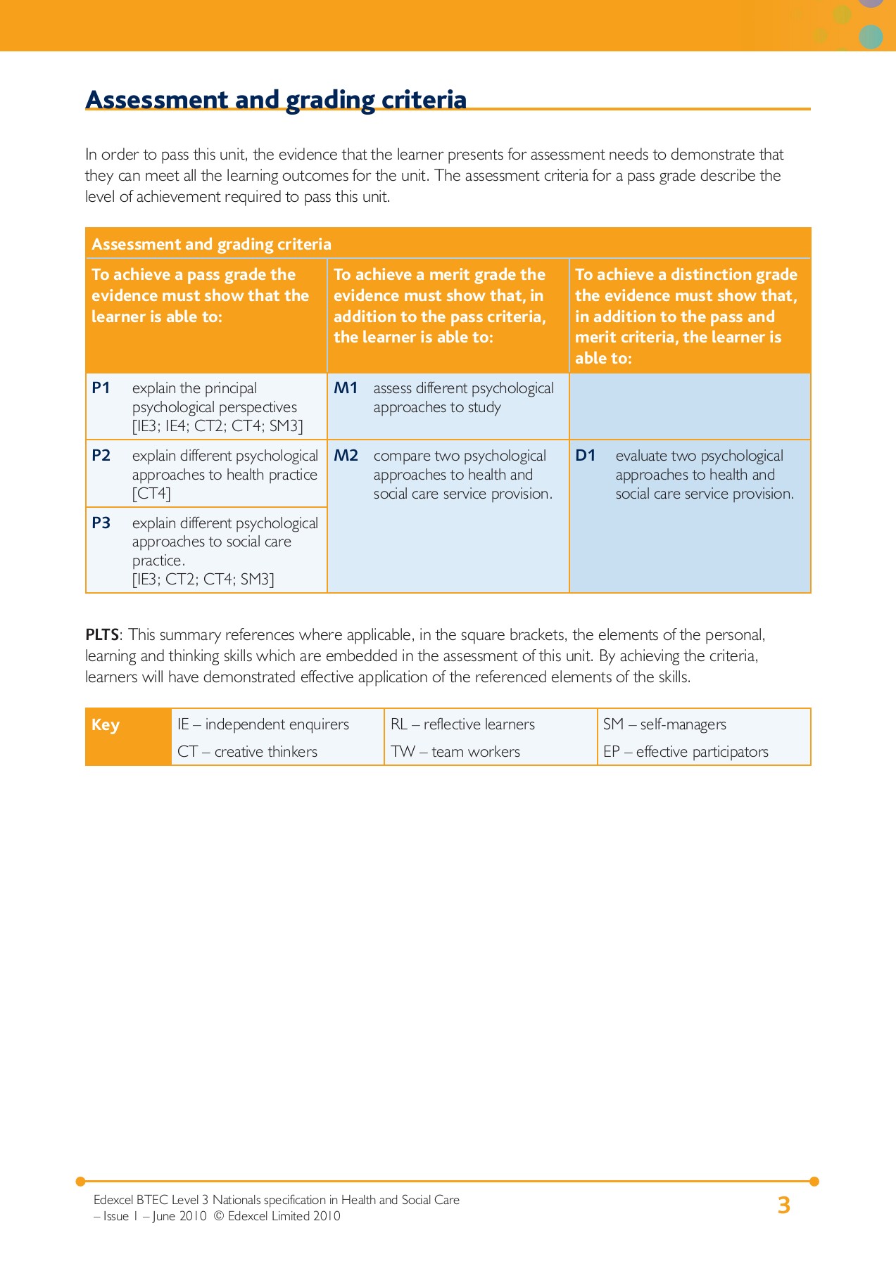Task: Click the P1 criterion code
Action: pyautogui.click(x=101, y=388)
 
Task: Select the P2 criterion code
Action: pyautogui.click(x=101, y=456)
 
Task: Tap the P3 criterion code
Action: pyautogui.click(x=101, y=523)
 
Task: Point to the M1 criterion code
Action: pyautogui.click(x=346, y=388)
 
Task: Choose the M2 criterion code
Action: pyautogui.click(x=346, y=456)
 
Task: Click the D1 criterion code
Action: pyautogui.click(x=586, y=456)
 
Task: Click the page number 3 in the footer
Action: pyautogui.click(x=783, y=1206)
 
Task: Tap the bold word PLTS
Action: pyautogui.click(x=102, y=635)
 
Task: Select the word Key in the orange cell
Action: pyautogui.click(x=106, y=725)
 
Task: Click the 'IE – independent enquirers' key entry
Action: pyautogui.click(x=263, y=724)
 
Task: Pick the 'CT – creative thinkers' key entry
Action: pyautogui.click(x=247, y=752)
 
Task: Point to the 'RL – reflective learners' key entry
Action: pyautogui.click(x=462, y=724)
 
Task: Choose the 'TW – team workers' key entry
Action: pyautogui.click(x=455, y=752)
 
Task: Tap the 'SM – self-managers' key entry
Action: pyautogui.click(x=664, y=724)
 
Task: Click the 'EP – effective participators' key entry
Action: pyautogui.click(x=686, y=752)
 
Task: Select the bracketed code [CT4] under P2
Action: pyautogui.click(x=151, y=494)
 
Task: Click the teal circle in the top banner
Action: pyautogui.click(x=871, y=37)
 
